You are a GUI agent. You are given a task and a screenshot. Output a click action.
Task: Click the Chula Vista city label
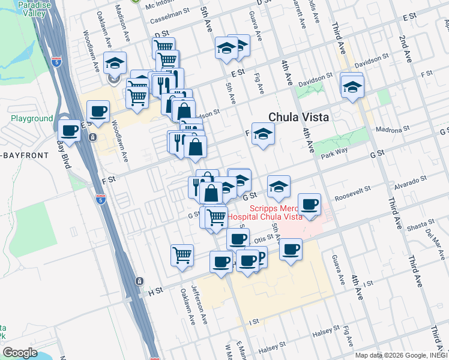tap(298, 118)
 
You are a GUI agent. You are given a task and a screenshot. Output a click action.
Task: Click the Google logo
tap(20, 353)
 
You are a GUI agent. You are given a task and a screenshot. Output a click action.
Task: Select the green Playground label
tap(32, 119)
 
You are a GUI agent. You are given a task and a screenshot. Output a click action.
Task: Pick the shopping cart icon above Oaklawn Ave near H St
tap(182, 254)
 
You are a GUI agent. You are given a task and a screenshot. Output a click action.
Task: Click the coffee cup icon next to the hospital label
tap(310, 205)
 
